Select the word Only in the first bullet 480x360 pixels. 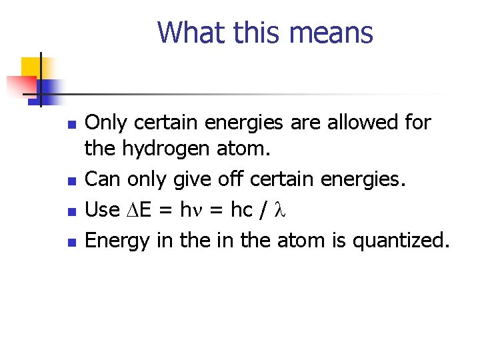click(x=107, y=123)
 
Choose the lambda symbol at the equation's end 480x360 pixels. click(x=280, y=210)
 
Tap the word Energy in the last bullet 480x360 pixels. click(x=118, y=241)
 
